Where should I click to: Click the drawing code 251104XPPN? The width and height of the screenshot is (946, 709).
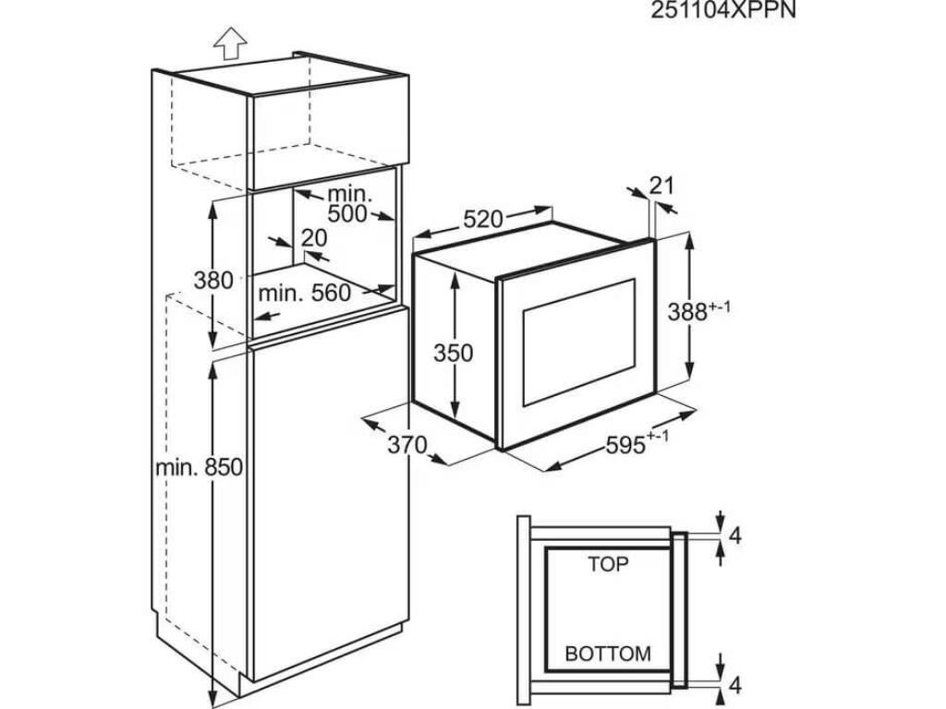pyautogui.click(x=723, y=10)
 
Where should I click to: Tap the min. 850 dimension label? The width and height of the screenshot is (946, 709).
pyautogui.click(x=199, y=467)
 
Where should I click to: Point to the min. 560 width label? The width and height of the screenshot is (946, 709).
pyautogui.click(x=304, y=294)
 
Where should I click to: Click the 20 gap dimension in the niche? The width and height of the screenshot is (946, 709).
pyautogui.click(x=314, y=238)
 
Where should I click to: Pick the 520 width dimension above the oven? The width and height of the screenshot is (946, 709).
pyautogui.click(x=482, y=220)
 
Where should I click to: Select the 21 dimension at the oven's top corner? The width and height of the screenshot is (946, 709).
pyautogui.click(x=661, y=185)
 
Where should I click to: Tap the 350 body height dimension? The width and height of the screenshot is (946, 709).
pyautogui.click(x=454, y=353)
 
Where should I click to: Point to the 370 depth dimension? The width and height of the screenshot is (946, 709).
pyautogui.click(x=406, y=445)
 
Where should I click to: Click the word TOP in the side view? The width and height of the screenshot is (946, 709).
pyautogui.click(x=608, y=563)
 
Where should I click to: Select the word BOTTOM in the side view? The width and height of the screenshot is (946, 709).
pyautogui.click(x=608, y=655)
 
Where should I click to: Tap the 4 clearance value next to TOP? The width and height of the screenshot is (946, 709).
pyautogui.click(x=735, y=535)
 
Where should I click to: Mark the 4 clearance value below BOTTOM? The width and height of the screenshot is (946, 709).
pyautogui.click(x=735, y=685)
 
